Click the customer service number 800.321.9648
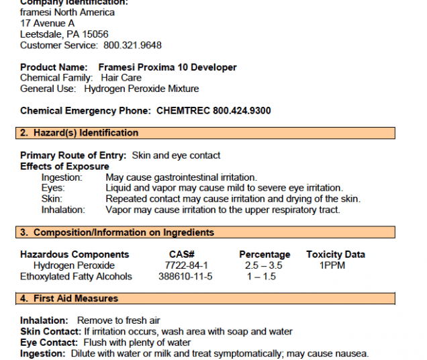click(132, 45)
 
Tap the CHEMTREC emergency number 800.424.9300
click(242, 111)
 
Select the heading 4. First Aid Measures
click(68, 298)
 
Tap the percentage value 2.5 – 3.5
click(263, 265)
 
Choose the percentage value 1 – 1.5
click(261, 276)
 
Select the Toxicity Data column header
click(336, 255)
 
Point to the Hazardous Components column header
click(75, 255)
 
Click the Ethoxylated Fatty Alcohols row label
click(76, 276)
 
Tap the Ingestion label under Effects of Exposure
click(62, 177)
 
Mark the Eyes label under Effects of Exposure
click(53, 188)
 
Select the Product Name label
click(54, 67)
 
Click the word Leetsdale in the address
click(41, 34)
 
